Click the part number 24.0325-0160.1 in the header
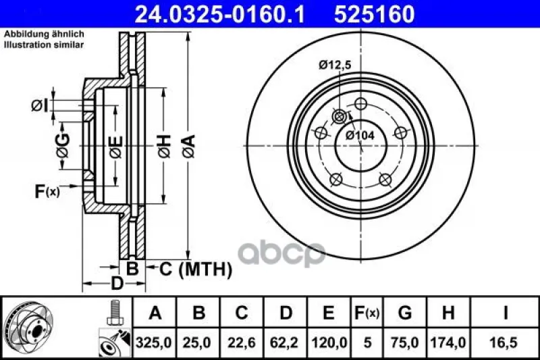coord(220,14)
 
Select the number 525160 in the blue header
coord(375,14)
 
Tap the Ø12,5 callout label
coord(335,65)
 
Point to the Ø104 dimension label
coord(360,135)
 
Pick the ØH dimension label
coord(165,147)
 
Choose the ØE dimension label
coord(116,147)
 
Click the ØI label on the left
coord(40,106)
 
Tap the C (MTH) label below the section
coord(195,269)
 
